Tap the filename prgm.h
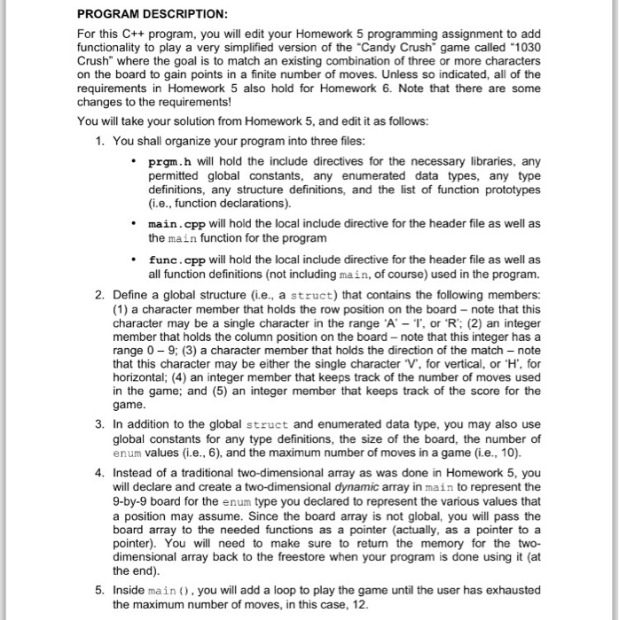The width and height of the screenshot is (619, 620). [167, 162]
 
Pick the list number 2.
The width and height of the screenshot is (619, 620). [99, 293]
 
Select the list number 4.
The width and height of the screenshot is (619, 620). [99, 473]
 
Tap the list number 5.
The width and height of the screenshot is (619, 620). [99, 589]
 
